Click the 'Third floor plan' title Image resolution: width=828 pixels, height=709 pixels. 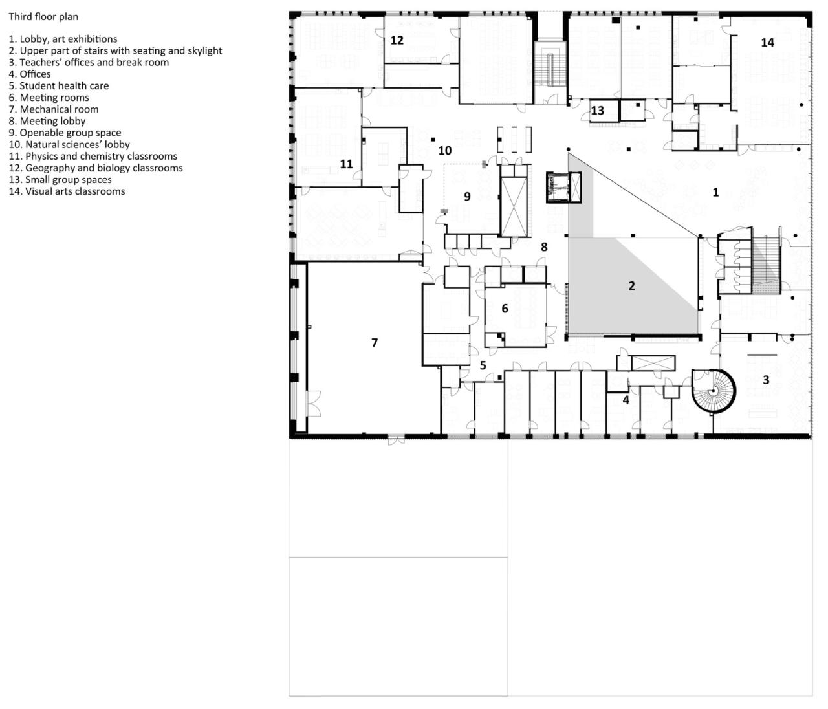click(43, 16)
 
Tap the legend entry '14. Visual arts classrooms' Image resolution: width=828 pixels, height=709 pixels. click(67, 191)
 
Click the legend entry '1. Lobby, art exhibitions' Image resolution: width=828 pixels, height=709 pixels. click(63, 39)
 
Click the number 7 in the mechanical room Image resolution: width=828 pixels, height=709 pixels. click(374, 343)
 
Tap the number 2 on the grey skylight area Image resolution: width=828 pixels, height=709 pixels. click(631, 286)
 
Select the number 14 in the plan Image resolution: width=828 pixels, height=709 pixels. click(767, 43)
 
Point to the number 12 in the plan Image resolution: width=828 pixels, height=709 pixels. click(397, 40)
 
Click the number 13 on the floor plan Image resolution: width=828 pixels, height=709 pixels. click(597, 111)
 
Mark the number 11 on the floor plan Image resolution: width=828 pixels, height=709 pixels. click(347, 164)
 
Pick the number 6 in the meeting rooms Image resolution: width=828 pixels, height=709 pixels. click(505, 309)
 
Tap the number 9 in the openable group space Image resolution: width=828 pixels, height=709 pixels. click(467, 197)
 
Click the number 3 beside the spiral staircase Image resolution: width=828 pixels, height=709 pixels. click(766, 380)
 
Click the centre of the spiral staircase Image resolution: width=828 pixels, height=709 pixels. click(714, 391)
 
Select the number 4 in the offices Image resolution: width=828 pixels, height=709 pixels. click(626, 400)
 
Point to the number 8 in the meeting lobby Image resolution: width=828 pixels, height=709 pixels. click(544, 247)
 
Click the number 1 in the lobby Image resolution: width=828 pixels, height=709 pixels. click(715, 192)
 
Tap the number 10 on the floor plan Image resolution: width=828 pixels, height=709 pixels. click(444, 151)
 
